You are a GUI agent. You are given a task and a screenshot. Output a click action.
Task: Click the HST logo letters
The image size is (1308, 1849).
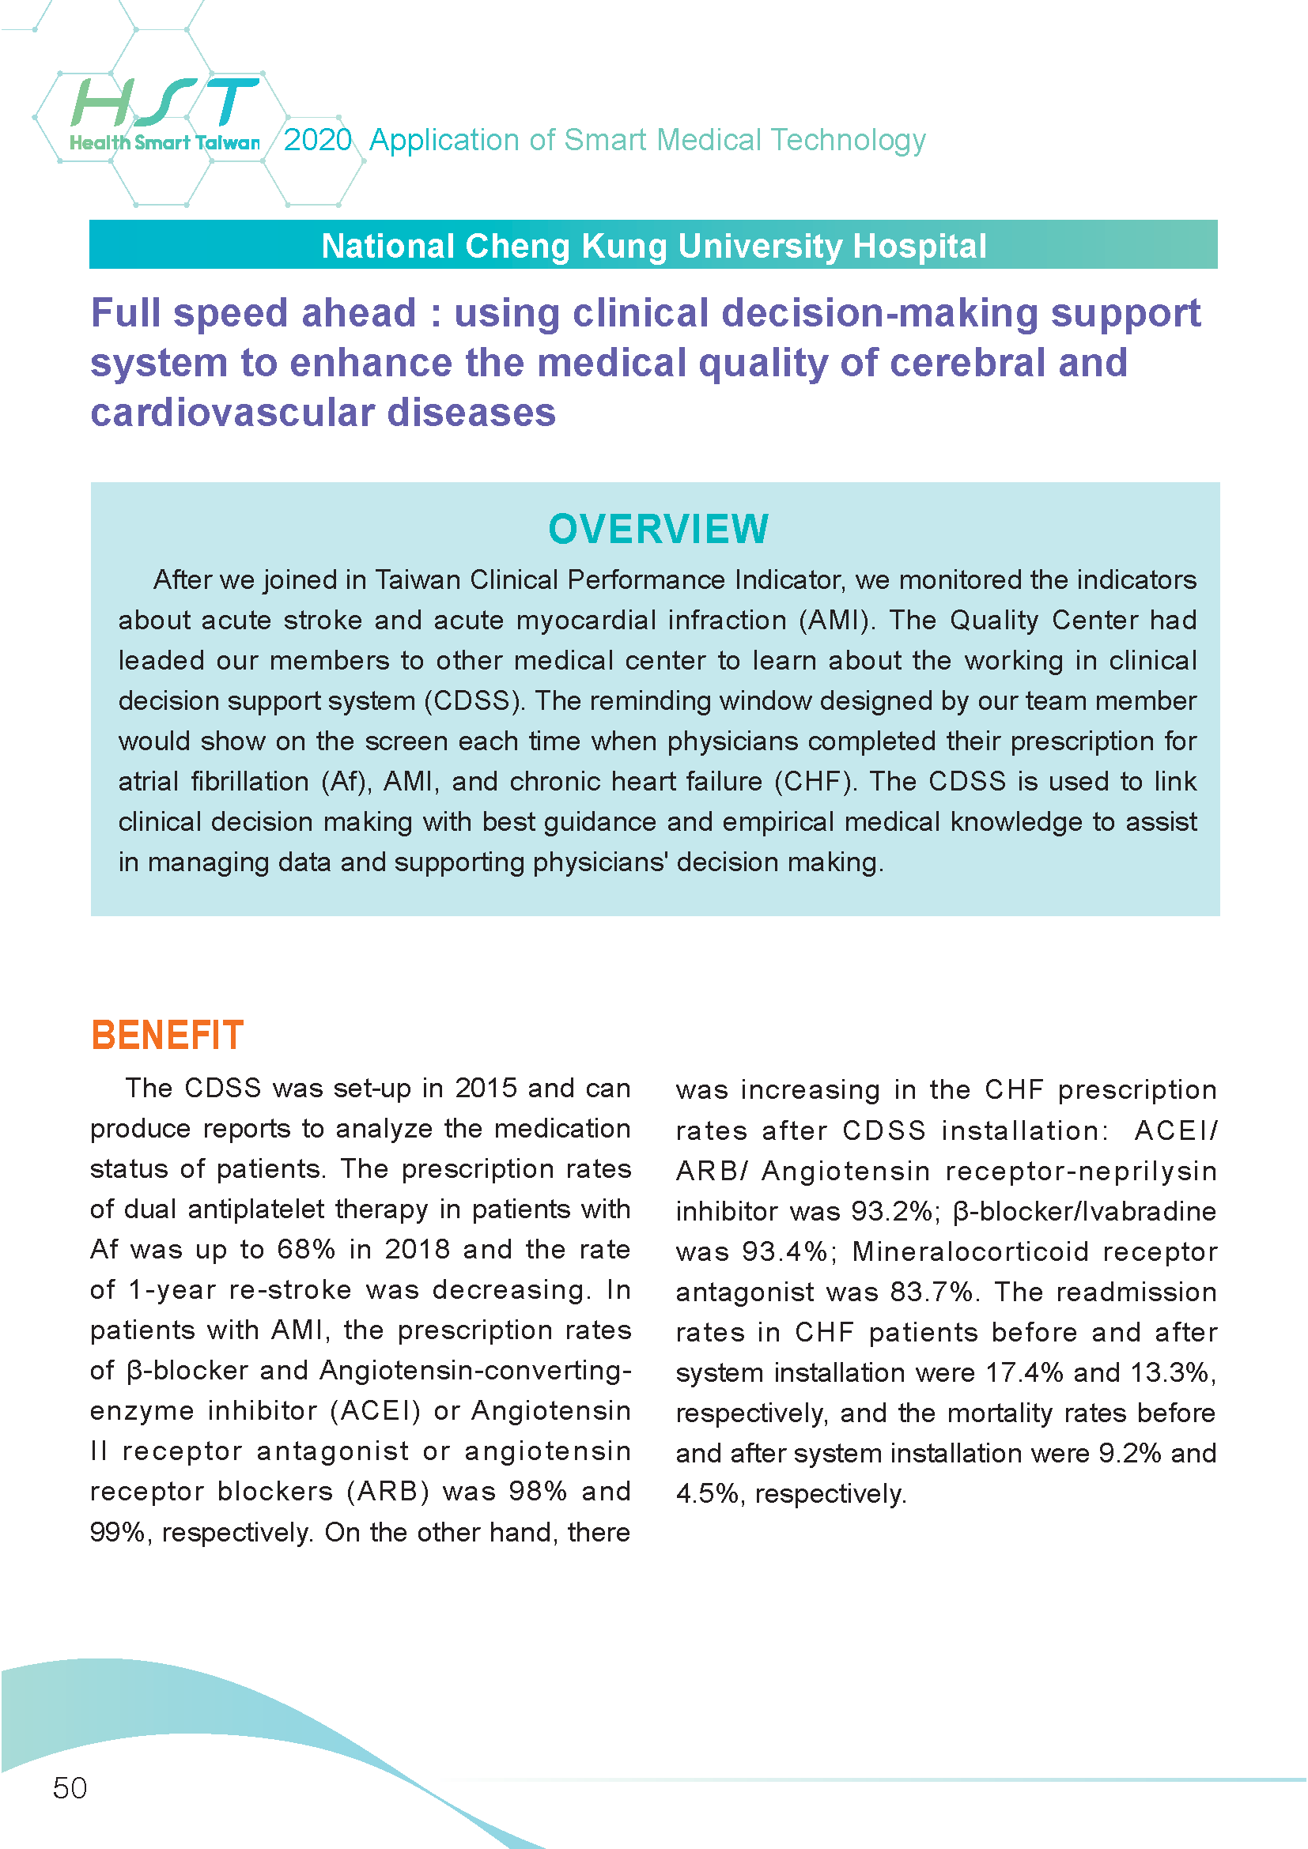pos(165,102)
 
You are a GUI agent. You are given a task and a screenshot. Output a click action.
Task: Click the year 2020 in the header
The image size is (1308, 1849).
pos(318,140)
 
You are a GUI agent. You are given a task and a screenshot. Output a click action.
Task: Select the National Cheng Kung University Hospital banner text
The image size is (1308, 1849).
pos(654,246)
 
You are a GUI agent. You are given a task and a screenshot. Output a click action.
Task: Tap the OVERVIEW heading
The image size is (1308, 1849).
pos(658,529)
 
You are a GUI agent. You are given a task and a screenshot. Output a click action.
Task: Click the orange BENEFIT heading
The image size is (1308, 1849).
pos(167,1036)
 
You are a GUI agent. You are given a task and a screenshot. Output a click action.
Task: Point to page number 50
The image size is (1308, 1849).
pos(70,1788)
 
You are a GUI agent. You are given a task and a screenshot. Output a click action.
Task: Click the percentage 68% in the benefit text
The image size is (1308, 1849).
pos(306,1249)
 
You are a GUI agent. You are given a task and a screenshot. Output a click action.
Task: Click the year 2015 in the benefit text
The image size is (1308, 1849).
pos(486,1088)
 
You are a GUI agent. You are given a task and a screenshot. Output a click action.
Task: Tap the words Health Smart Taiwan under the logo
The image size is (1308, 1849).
pos(165,143)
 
